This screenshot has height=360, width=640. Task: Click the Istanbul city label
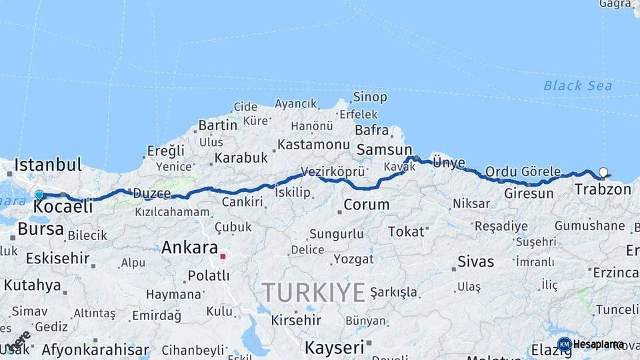pyautogui.click(x=48, y=164)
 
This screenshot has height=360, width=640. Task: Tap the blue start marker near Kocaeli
pyautogui.click(x=39, y=195)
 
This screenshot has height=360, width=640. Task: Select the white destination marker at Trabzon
pyautogui.click(x=603, y=172)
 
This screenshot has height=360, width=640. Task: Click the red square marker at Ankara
pyautogui.click(x=223, y=255)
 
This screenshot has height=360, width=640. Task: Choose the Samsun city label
pyautogui.click(x=384, y=150)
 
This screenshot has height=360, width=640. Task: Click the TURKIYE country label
pyautogui.click(x=313, y=292)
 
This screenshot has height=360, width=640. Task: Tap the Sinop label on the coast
pyautogui.click(x=369, y=97)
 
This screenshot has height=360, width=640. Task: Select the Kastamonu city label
pyautogui.click(x=313, y=144)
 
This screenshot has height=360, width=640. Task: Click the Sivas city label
pyautogui.click(x=475, y=261)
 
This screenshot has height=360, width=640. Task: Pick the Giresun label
pyautogui.click(x=529, y=193)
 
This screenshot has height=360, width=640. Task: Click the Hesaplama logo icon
pyautogui.click(x=564, y=344)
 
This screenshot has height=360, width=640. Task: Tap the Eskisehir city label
pyautogui.click(x=57, y=258)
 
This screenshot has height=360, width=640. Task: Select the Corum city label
pyautogui.click(x=367, y=205)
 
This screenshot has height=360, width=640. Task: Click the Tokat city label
pyautogui.click(x=406, y=232)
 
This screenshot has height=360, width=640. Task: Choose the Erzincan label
pyautogui.click(x=616, y=273)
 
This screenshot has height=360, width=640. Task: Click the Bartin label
pyautogui.click(x=217, y=125)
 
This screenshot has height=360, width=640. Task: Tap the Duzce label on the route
pyautogui.click(x=151, y=193)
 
